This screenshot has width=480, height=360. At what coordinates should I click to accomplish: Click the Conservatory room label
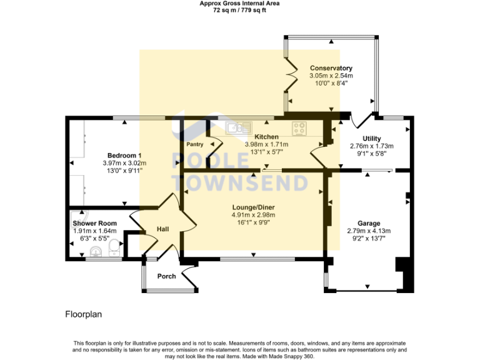(x=331, y=68)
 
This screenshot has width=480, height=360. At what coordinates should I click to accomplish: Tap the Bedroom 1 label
(x=124, y=156)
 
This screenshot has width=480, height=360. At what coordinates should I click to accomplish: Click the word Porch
(x=166, y=276)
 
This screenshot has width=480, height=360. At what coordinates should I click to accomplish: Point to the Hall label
(x=163, y=229)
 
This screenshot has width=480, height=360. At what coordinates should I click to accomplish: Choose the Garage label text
(x=368, y=223)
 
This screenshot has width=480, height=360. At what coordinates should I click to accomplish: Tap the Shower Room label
(x=94, y=223)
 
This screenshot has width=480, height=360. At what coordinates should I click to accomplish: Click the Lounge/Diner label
(x=253, y=207)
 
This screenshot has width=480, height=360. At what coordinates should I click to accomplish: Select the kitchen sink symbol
(x=235, y=128)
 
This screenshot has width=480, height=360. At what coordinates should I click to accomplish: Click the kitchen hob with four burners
(x=299, y=128)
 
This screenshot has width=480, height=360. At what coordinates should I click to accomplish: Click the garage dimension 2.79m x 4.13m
(x=368, y=231)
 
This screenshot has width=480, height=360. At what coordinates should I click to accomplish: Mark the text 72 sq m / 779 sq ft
(x=239, y=10)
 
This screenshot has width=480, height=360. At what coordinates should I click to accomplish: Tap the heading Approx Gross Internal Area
(x=239, y=3)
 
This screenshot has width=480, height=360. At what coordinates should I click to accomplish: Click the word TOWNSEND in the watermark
(x=240, y=182)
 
